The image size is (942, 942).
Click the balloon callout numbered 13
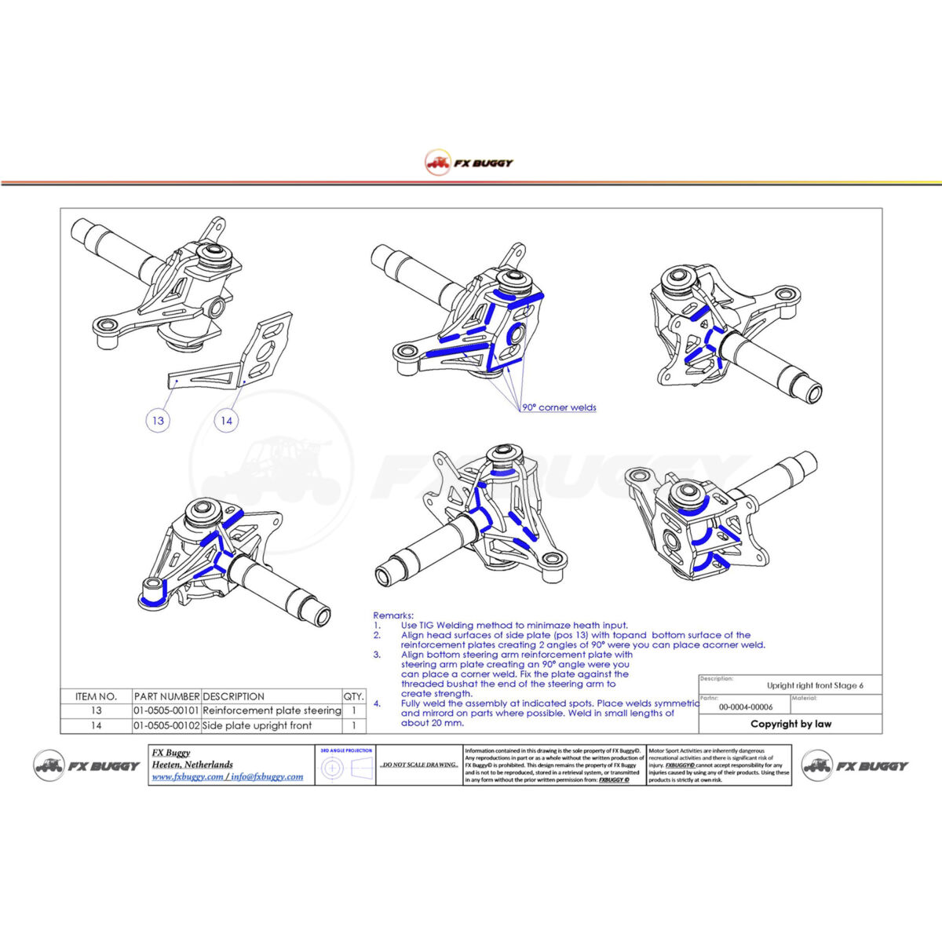[x=158, y=421]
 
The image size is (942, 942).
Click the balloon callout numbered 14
[x=226, y=421]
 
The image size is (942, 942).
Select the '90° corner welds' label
[x=559, y=407]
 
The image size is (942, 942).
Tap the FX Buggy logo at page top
[x=469, y=162]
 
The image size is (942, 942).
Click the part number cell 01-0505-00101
[x=166, y=710]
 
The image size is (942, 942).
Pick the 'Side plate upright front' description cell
[x=257, y=725]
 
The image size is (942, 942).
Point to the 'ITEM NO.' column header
[x=96, y=696]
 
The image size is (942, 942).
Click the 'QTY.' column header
[x=353, y=696]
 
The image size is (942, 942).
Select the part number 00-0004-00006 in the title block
[x=745, y=706]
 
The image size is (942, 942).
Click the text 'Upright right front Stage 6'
[x=815, y=685]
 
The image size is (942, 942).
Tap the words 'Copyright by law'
[x=790, y=724]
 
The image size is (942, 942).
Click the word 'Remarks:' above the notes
[x=392, y=615]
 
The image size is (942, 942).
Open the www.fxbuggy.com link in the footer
[x=187, y=776]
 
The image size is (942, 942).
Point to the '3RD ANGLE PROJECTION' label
[x=345, y=751]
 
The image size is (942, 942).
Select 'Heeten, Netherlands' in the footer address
[x=192, y=764]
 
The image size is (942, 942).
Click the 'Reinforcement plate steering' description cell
[x=272, y=710]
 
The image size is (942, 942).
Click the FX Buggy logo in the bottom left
[x=86, y=765]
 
